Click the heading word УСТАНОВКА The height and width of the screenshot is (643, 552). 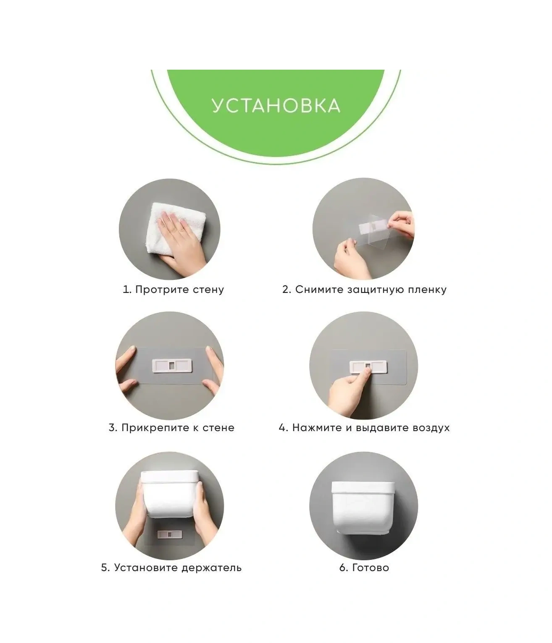click(x=276, y=105)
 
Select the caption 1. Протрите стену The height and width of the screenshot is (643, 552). click(x=173, y=290)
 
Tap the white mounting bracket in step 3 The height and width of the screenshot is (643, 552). click(x=172, y=366)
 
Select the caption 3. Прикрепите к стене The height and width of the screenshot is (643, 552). click(x=171, y=428)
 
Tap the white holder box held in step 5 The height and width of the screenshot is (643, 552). click(x=170, y=494)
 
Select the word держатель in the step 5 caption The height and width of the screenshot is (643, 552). click(x=211, y=568)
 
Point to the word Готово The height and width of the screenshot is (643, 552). click(x=371, y=568)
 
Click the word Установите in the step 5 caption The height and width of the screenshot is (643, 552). click(x=146, y=568)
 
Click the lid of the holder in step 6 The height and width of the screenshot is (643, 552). click(x=363, y=487)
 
